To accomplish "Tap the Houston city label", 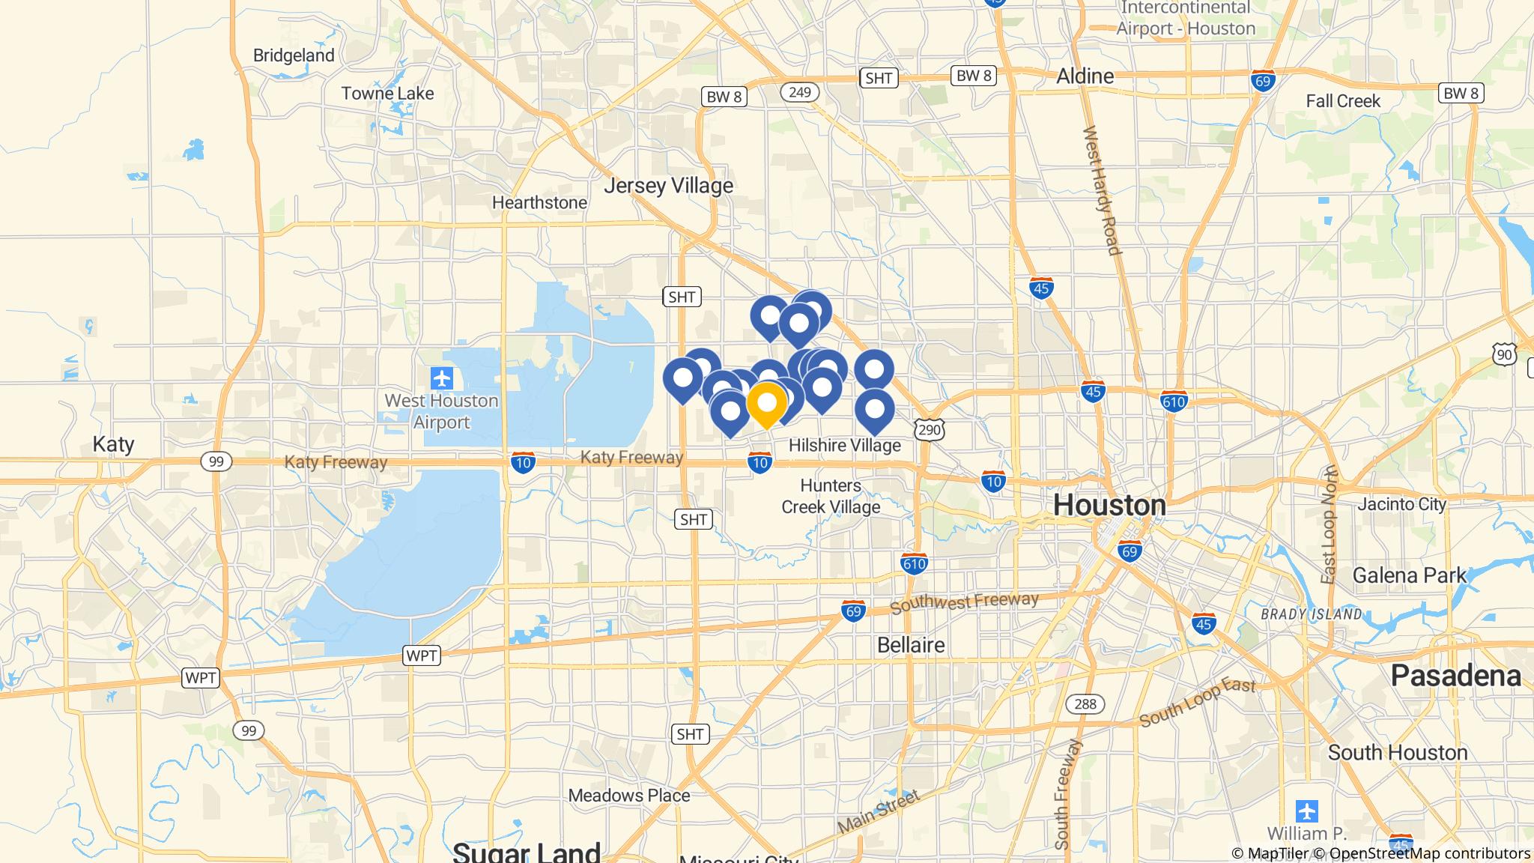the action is pos(1109,506).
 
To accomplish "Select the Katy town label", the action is pos(113,444).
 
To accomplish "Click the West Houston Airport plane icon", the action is pos(442,378).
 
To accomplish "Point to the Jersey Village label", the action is pos(668,185).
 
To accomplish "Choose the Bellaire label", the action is pos(911,645).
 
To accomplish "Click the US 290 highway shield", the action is pos(929,429).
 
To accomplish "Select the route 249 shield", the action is pos(800,92).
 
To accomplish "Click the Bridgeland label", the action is pos(294,55).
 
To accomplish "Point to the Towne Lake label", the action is pos(387,94).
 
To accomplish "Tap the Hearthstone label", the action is pos(539,202).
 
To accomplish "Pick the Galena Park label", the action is pos(1409,575).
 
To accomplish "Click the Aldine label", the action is pos(1085,76).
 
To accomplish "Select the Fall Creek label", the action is pos(1342,101).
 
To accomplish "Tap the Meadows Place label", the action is pos(629,795).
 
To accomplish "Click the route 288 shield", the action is pos(1085,703).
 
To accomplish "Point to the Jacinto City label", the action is pos(1401,504).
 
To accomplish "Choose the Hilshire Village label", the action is pos(844,446).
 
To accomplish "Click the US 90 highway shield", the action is pos(1504,354).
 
